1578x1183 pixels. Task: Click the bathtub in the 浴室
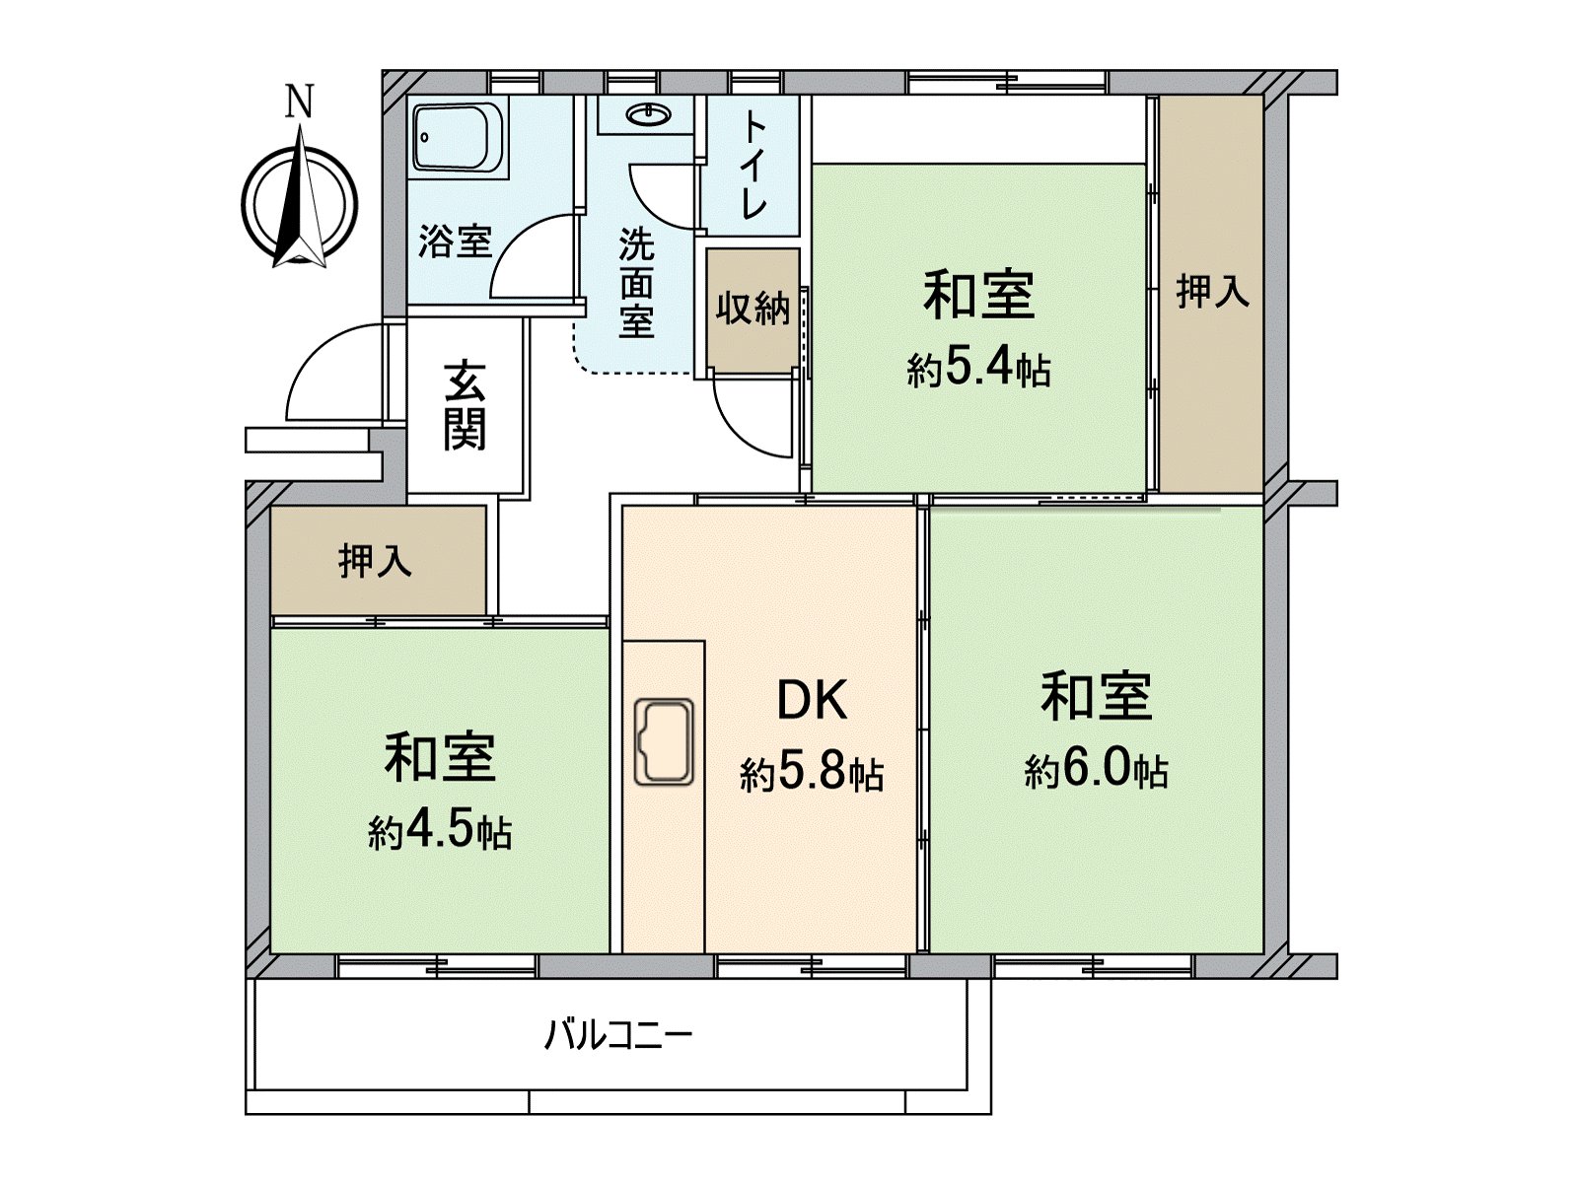pos(458,138)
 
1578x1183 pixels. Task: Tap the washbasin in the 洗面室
pos(647,115)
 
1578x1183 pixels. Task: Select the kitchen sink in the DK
pos(664,742)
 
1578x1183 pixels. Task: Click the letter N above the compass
pos(299,102)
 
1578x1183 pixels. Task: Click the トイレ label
pos(753,165)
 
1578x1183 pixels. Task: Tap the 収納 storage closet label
pos(753,309)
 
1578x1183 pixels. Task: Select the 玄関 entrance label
pos(464,405)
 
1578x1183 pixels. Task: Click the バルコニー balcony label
pos(618,1035)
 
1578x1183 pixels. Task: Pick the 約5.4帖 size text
pos(978,370)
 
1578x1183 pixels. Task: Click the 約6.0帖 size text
pos(1096,770)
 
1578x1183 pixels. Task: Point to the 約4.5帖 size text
pos(440,833)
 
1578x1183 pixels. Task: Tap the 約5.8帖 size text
pos(811,775)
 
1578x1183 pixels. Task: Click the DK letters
pos(812,701)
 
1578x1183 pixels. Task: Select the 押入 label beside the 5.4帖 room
pos(1212,291)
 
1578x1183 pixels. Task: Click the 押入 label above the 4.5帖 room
pos(375,561)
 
